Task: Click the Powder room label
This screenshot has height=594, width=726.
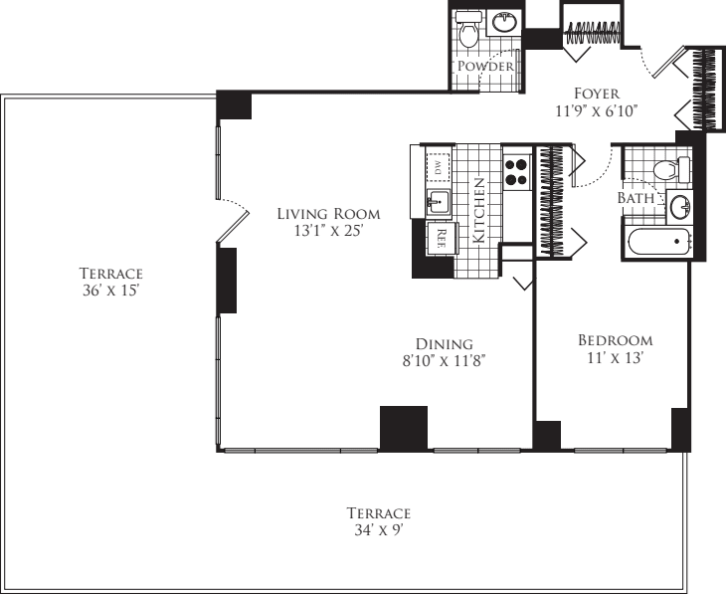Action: click(485, 67)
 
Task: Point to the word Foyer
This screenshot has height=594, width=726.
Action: click(597, 94)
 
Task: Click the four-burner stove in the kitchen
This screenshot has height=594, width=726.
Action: click(515, 172)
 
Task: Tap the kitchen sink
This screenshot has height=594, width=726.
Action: click(436, 202)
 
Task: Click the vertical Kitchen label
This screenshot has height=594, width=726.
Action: click(479, 211)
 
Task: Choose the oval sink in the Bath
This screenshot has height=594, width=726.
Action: click(679, 206)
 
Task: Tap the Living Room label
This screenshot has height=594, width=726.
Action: click(328, 213)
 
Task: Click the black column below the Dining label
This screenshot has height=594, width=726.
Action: click(403, 428)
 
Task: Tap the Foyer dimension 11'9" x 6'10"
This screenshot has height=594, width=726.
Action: click(597, 111)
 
